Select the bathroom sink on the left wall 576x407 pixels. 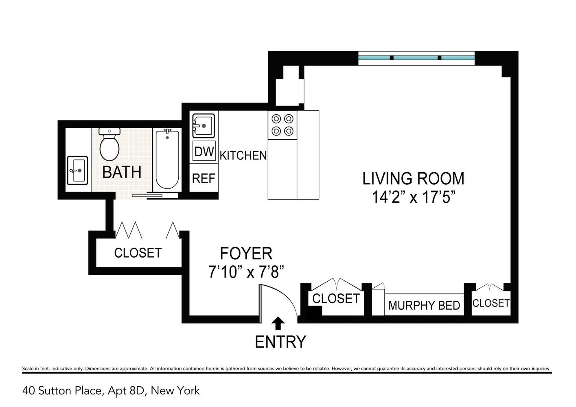pos(77,171)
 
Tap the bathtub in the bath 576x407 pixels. pos(167,159)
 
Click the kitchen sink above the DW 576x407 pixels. pos(204,126)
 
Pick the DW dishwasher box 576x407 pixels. pos(204,151)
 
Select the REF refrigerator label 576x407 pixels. pos(204,178)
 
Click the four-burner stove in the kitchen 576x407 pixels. pos(283,125)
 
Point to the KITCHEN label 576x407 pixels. pos(243,155)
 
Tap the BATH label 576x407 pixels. pos(122,173)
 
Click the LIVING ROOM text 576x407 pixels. pos(413,179)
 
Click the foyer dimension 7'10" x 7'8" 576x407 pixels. pos(246,272)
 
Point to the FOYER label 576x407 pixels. pos(246,254)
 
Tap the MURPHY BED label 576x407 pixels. pos(424,306)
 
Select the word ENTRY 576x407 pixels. pos(280,342)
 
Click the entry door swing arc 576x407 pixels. pos(290,297)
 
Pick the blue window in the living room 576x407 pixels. pos(416,58)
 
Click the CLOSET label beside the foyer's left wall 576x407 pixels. pos(138,253)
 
